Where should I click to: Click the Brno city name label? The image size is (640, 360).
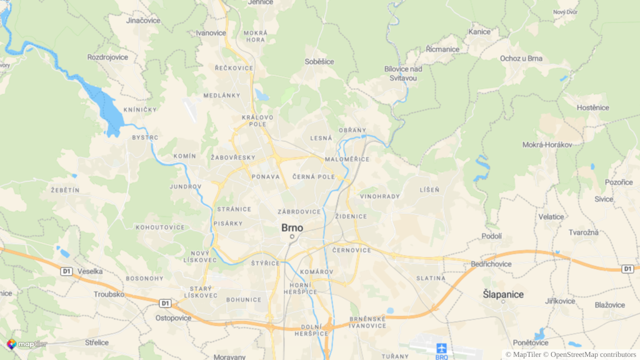[292, 228]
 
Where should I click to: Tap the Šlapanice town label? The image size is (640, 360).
[503, 294]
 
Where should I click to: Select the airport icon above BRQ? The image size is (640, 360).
[441, 347]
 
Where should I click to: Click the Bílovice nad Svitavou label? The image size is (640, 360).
[403, 73]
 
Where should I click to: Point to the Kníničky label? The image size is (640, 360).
[140, 109]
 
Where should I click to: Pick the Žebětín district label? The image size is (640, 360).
[65, 189]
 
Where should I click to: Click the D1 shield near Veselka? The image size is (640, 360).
[67, 271]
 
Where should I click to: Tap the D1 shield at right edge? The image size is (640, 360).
[628, 268]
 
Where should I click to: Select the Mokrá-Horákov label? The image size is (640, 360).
[547, 144]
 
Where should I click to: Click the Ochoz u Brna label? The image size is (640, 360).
[521, 58]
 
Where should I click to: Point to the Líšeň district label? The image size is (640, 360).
[429, 189]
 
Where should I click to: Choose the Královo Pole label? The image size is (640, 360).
[257, 120]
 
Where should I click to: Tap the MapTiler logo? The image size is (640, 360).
[27, 344]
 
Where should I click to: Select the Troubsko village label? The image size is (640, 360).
[109, 294]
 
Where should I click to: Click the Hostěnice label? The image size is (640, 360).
[592, 107]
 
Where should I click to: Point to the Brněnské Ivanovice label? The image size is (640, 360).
[367, 321]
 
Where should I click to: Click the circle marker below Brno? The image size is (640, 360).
[291, 237]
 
